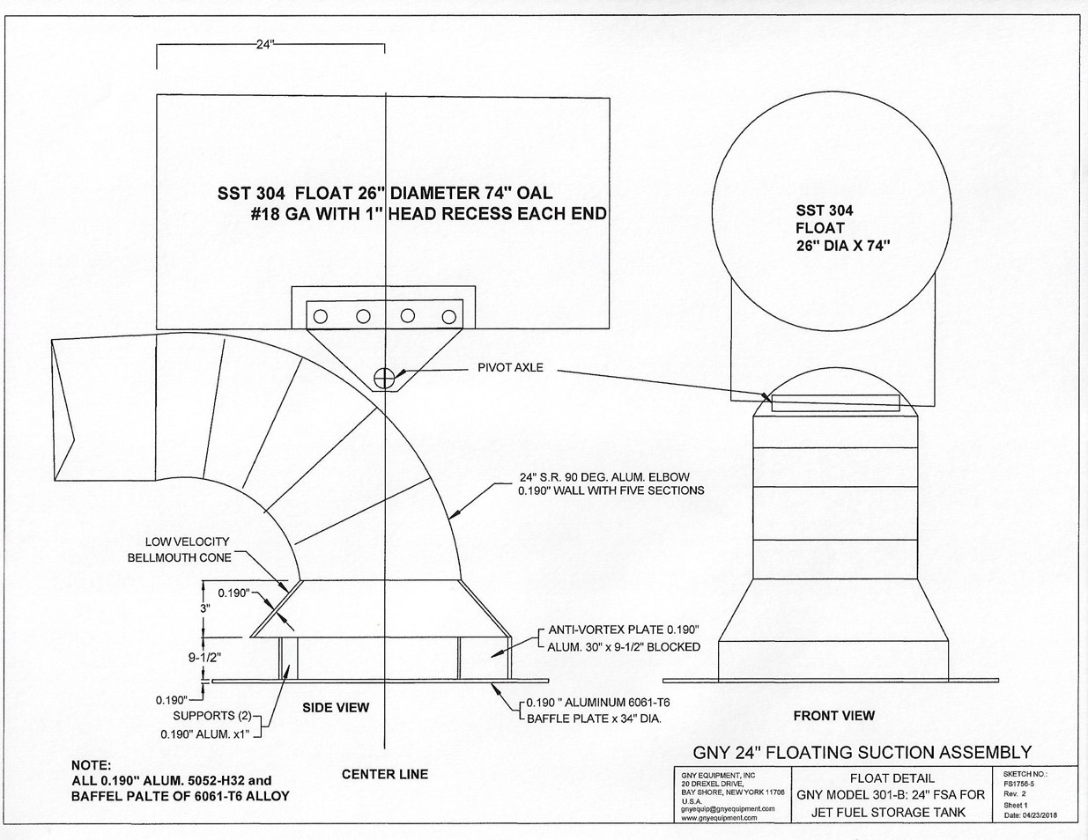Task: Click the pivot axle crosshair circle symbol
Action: coord(383,378)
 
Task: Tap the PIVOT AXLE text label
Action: coord(510,368)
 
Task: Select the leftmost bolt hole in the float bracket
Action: coord(320,317)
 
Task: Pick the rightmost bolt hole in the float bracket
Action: coord(449,317)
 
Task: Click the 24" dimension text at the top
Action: coord(265,45)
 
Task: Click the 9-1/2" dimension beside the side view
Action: coord(204,658)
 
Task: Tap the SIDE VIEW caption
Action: coord(336,707)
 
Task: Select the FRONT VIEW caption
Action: coord(833,716)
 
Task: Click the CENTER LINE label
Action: coord(384,775)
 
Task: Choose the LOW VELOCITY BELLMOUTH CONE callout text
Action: coord(180,549)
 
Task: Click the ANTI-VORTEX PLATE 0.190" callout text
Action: coord(624,629)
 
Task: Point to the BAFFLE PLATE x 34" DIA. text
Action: coord(595,718)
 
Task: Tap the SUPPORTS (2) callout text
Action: coord(212,716)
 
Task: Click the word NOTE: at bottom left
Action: coord(91,765)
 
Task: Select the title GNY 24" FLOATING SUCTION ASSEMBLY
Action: coord(862,752)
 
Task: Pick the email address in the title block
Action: coord(728,808)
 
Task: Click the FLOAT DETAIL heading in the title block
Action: coord(892,778)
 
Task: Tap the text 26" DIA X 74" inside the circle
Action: coord(844,247)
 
